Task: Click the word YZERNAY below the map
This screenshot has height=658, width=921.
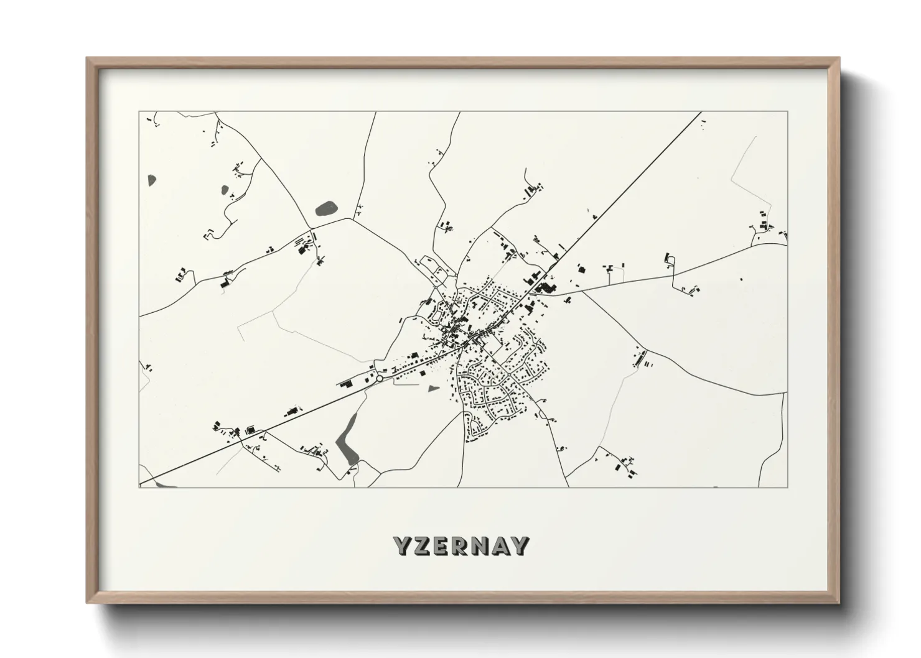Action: click(461, 546)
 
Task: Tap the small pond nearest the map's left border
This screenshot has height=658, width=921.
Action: click(151, 181)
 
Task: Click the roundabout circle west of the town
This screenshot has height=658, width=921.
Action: click(379, 378)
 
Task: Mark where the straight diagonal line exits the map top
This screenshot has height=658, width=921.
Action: click(701, 113)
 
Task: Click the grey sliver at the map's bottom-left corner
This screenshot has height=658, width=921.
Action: click(158, 483)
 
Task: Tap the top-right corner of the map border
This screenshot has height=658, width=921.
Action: click(787, 112)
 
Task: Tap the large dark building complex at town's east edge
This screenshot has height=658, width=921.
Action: click(547, 287)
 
